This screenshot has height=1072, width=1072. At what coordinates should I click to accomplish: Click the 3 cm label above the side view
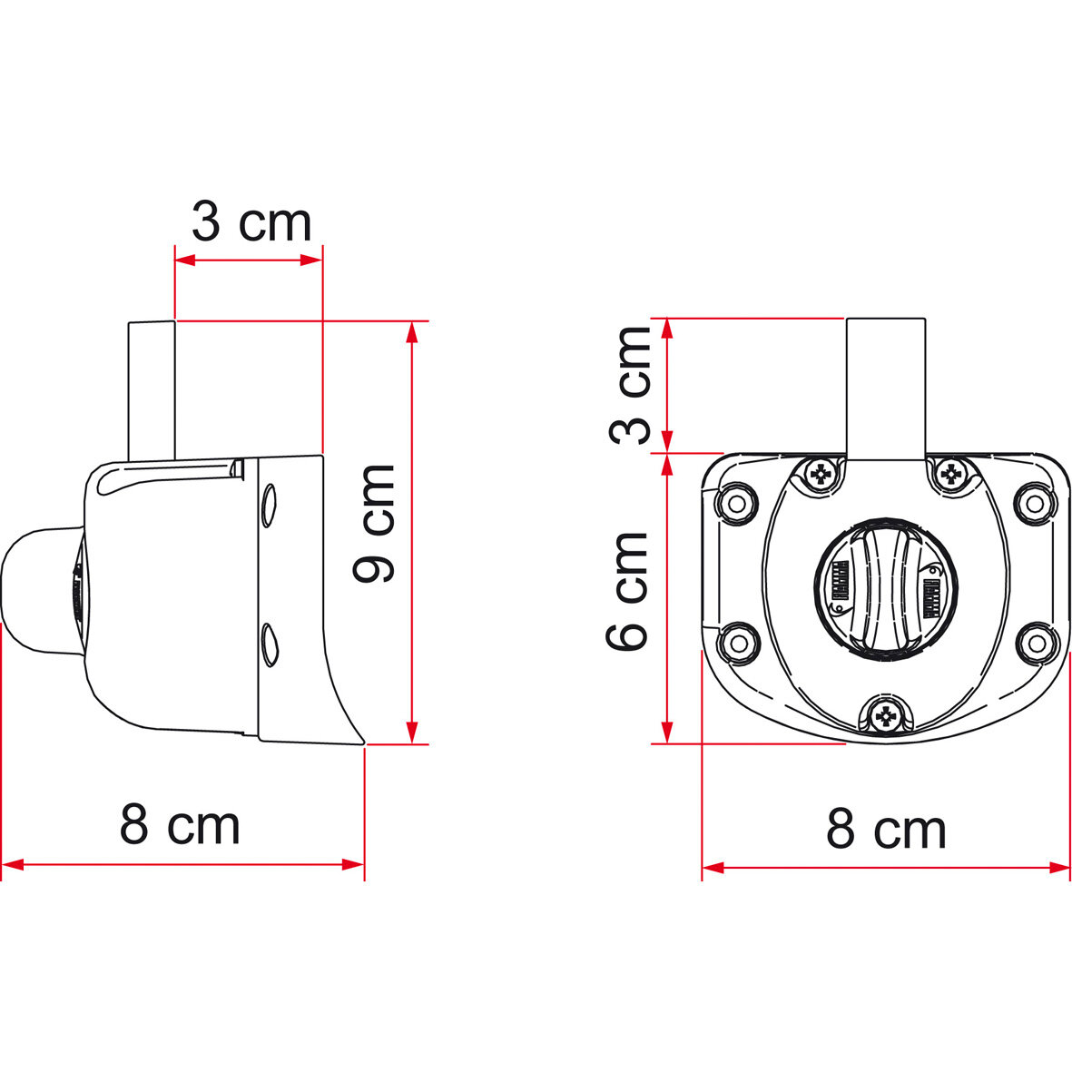[x=251, y=222]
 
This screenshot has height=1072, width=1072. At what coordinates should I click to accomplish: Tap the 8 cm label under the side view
[x=180, y=824]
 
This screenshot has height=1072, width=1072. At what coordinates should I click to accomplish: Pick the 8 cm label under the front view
[x=886, y=828]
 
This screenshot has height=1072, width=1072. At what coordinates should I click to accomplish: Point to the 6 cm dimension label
[x=628, y=591]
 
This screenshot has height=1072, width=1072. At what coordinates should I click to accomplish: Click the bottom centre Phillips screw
[x=885, y=718]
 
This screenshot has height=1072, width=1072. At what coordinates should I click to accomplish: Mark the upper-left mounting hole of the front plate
[x=737, y=501]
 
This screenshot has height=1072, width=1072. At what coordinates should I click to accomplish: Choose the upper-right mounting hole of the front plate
[x=1033, y=500]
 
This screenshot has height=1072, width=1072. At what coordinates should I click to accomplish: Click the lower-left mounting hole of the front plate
[x=737, y=643]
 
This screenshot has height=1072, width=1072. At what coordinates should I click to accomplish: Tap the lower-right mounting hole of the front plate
[x=1033, y=642]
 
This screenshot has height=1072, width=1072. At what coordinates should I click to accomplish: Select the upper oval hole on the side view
[x=269, y=505]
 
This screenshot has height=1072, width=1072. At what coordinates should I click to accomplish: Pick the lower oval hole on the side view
[x=269, y=643]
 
